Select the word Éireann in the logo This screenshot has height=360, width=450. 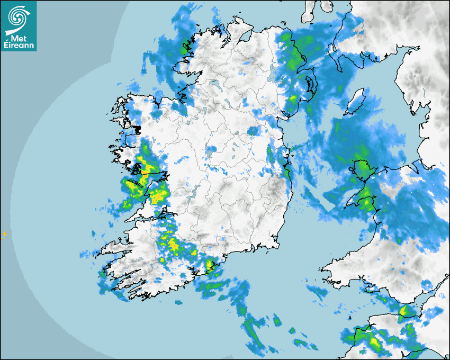18,45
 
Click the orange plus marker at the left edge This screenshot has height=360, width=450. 5,233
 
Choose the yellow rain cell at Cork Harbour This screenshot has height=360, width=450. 211,265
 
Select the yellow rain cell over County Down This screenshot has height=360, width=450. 293,99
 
